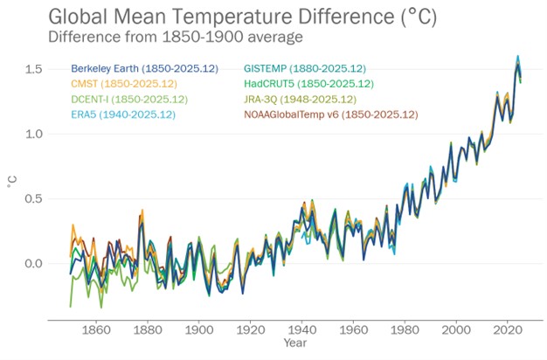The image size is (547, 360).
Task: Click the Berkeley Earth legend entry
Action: pos(128,68)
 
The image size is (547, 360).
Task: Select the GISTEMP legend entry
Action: pos(305,68)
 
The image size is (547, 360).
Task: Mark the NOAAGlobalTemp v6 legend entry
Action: pos(331,114)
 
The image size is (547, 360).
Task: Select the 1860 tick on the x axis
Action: pos(96,329)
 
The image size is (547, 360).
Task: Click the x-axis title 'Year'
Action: pos(294,343)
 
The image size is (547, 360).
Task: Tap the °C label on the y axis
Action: pos(11,183)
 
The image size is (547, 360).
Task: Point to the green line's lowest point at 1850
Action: pos(71,307)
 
